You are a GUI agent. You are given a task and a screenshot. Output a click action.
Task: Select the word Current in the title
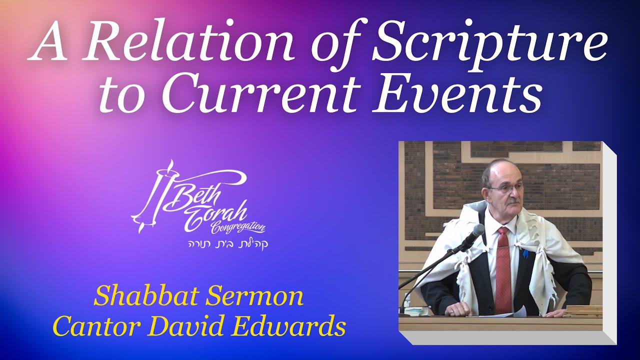(x=262, y=95)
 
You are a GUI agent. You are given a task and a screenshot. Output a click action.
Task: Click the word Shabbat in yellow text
(x=145, y=296)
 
